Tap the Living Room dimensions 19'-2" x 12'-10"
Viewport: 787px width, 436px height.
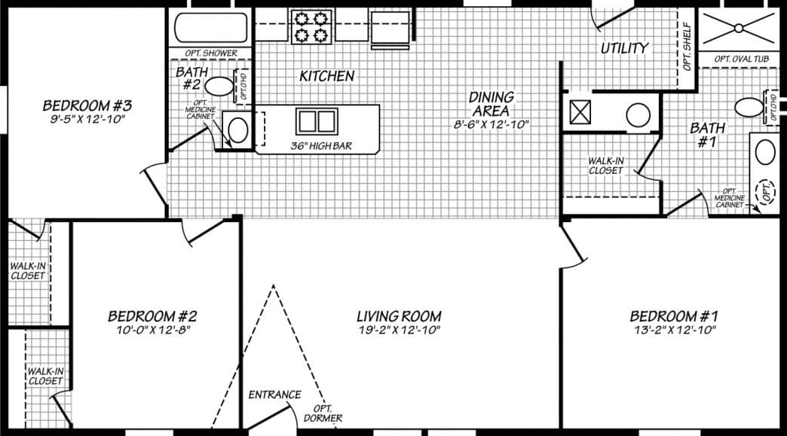tap(398, 330)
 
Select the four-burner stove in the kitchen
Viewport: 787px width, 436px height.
tap(311, 26)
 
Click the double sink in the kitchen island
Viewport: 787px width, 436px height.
tap(316, 121)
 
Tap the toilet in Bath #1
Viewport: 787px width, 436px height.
tap(749, 107)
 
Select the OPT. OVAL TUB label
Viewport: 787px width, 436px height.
tap(742, 59)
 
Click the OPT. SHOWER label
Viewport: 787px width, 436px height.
tap(211, 53)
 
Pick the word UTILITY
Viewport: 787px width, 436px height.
tap(624, 48)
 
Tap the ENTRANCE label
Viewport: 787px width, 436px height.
tap(274, 395)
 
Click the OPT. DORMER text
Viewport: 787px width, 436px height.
tap(323, 413)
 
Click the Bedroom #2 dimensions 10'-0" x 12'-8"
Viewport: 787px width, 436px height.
tap(152, 330)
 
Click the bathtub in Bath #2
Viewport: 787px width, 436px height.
tap(211, 28)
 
